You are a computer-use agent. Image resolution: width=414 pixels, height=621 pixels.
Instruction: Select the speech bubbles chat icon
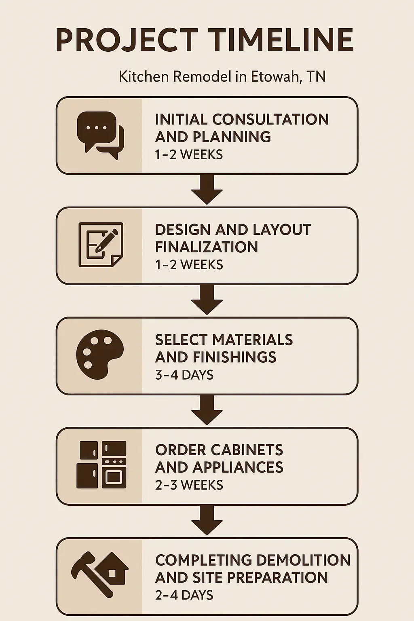pyautogui.click(x=100, y=135)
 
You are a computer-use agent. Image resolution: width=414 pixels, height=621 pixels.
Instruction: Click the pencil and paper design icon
pyautogui.click(x=100, y=245)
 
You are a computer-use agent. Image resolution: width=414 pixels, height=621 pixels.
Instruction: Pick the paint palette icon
pyautogui.click(x=99, y=354)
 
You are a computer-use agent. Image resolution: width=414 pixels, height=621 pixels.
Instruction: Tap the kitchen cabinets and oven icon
pyautogui.click(x=101, y=465)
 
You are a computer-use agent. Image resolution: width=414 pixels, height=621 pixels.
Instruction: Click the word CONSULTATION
pyautogui.click(x=270, y=119)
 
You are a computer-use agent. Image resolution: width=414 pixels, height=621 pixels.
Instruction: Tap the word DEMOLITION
pyautogui.click(x=303, y=560)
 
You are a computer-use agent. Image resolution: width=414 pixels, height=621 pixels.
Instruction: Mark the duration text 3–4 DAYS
pyautogui.click(x=184, y=375)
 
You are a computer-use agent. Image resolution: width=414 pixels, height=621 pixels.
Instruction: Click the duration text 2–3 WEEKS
pyautogui.click(x=189, y=485)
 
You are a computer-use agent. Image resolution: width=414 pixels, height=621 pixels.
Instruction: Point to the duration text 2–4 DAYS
pyautogui.click(x=184, y=595)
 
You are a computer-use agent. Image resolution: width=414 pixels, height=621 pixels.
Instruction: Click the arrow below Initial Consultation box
pyautogui.click(x=207, y=190)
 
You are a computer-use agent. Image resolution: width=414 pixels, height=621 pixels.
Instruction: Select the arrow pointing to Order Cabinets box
pyautogui.click(x=207, y=410)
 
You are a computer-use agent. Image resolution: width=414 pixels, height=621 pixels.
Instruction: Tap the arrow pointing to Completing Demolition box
pyautogui.click(x=207, y=520)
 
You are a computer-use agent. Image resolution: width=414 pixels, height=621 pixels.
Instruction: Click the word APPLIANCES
pyautogui.click(x=238, y=467)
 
